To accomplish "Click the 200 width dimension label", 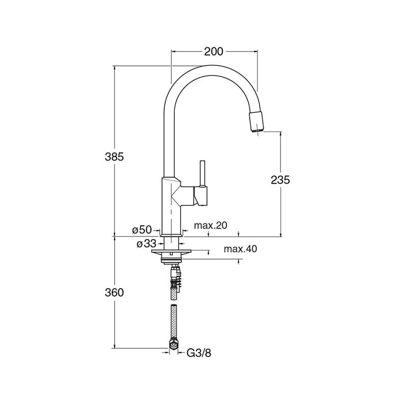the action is click(x=214, y=51).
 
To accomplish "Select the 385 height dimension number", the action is click(x=114, y=157).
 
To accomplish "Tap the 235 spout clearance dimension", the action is click(x=280, y=180).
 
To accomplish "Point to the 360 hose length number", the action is click(x=114, y=292).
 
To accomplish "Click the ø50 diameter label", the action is click(x=142, y=229).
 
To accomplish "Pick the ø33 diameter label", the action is click(x=146, y=244).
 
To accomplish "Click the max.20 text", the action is click(x=211, y=225).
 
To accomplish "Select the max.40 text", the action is click(x=240, y=249).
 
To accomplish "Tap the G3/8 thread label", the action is click(x=199, y=353).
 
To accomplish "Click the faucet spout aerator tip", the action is click(x=256, y=122).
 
